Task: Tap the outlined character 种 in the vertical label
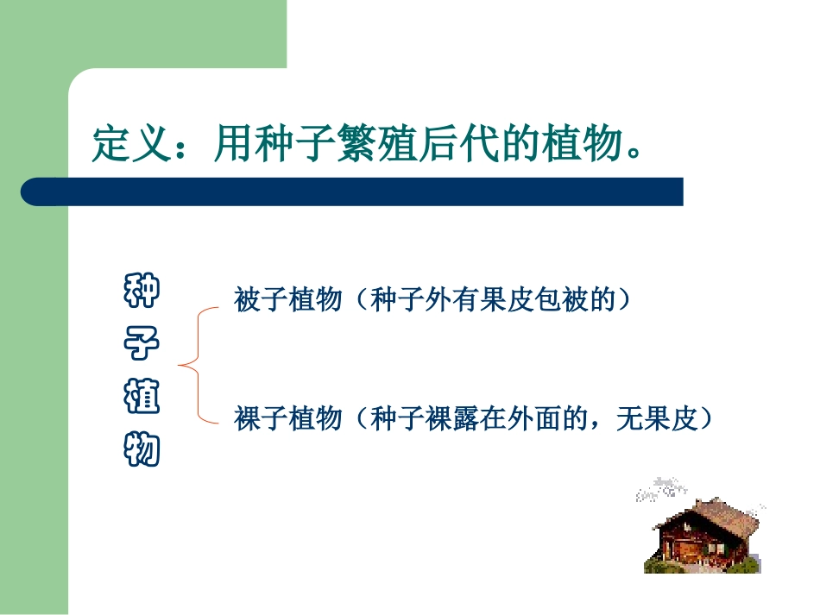coord(142,293)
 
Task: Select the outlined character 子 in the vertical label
coord(142,344)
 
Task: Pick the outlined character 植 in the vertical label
coord(142,398)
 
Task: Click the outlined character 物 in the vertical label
coord(142,449)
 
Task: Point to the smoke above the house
coord(663,488)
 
